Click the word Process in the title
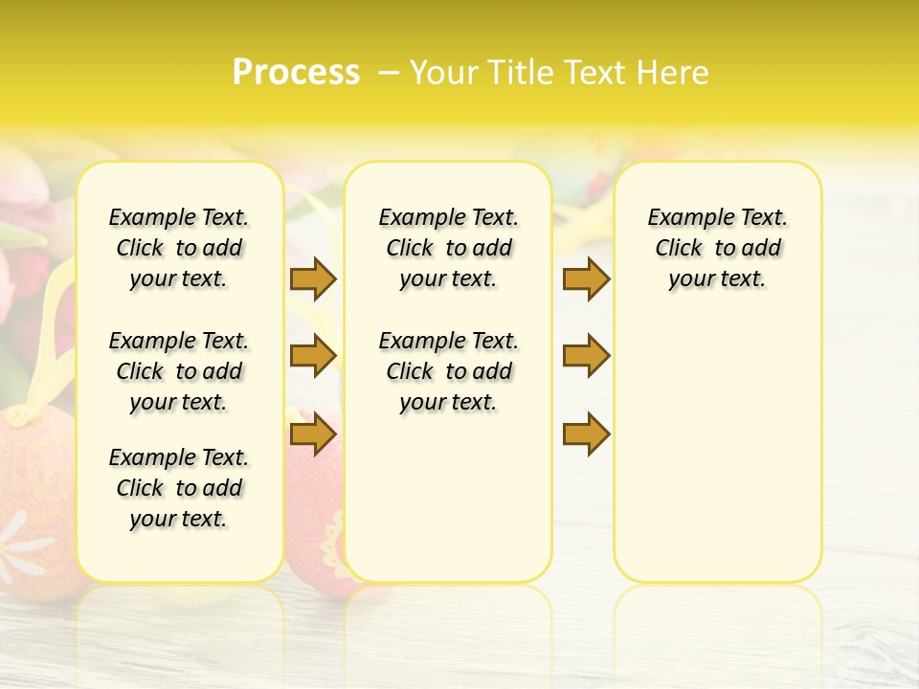coord(296,73)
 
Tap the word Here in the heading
coord(674,73)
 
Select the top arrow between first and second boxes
coord(313,278)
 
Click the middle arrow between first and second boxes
coord(313,356)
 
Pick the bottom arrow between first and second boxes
coord(313,434)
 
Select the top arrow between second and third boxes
coord(586,278)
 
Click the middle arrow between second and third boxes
coord(586,356)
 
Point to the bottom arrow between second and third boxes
coord(586,434)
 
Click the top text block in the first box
coord(179,248)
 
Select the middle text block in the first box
coord(179,371)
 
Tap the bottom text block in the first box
coord(179,488)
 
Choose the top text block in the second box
coord(448,248)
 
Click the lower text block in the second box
coord(448,371)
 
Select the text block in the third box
coord(717,248)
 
